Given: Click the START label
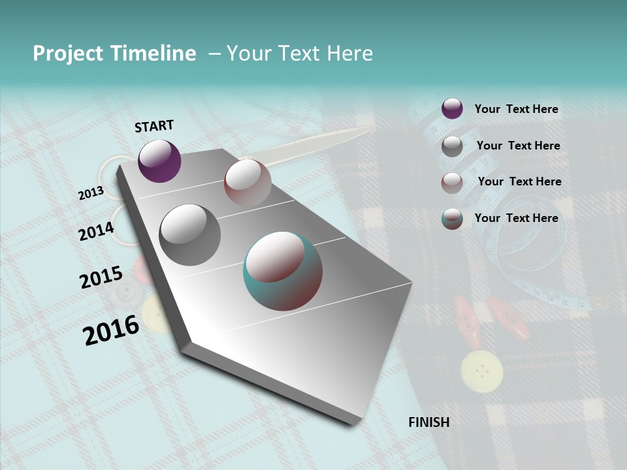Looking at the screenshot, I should [154, 126].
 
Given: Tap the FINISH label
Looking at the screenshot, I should [428, 422].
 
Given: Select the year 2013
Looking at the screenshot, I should [91, 193].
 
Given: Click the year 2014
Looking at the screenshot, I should [96, 231].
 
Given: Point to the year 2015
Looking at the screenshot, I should [101, 277].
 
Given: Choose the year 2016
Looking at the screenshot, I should [111, 330].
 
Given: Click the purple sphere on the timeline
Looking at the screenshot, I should [159, 161].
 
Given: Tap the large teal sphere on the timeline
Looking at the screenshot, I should [282, 271].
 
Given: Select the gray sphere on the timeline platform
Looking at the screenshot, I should [189, 235].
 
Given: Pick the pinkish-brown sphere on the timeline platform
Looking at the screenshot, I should [248, 183].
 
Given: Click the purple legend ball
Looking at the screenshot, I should [452, 108].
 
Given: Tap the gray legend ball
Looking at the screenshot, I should [452, 146].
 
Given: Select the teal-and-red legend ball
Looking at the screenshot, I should [452, 219].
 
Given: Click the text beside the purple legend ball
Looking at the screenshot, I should [516, 109].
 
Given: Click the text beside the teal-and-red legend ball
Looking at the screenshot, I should [516, 218].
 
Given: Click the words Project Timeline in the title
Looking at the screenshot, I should [114, 54].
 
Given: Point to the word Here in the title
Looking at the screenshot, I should [349, 54].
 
